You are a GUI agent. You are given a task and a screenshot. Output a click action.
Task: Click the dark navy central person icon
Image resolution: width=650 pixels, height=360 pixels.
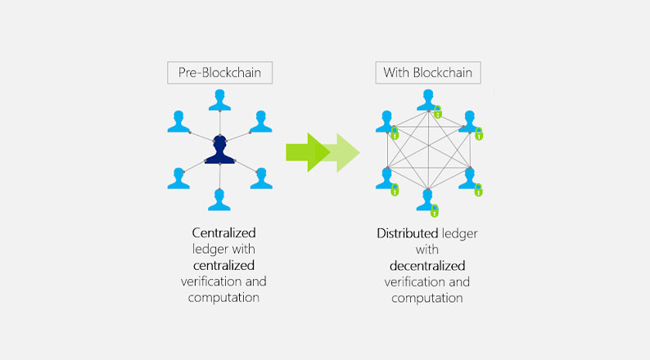219,150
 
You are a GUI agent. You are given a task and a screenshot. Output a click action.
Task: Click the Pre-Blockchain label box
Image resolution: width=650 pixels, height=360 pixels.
219,73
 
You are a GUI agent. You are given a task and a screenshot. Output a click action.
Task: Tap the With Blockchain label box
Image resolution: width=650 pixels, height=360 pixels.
428,73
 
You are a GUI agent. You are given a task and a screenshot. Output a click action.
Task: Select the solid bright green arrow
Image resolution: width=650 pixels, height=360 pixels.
308,152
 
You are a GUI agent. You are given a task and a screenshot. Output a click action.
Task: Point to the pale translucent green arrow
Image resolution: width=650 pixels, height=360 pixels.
343,153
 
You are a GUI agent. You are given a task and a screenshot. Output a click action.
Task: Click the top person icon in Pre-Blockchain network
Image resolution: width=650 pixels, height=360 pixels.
219,100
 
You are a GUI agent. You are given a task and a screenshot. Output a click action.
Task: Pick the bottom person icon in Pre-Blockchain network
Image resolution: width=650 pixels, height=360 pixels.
219,200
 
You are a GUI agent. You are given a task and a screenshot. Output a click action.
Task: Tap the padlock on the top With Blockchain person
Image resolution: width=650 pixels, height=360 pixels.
438,112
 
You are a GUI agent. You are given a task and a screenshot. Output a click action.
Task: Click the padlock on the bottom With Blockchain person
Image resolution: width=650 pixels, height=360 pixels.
435,210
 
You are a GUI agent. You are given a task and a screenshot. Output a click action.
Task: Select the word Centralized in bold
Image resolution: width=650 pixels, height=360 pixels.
223,233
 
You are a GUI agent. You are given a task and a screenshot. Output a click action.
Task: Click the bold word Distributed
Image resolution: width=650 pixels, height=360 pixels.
408,233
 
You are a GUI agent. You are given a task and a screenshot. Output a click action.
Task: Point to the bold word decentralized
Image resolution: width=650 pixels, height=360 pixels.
427,266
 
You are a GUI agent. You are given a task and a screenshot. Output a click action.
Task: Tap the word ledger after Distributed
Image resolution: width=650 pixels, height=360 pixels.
460,234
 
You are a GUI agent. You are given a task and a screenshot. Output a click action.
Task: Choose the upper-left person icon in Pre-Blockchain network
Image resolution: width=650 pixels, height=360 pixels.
178,121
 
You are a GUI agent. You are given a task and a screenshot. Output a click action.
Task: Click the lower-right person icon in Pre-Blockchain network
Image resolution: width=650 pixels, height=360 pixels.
261,178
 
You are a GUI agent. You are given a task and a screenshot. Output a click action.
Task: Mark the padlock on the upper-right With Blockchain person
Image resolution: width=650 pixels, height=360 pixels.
479,134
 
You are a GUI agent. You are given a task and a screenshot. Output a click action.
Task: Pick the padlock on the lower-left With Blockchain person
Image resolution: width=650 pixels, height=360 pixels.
395,189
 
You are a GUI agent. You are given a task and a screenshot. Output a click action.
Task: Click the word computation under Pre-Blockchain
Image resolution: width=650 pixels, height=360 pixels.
223,298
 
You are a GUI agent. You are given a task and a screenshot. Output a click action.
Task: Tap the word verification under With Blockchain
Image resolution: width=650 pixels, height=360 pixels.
413,281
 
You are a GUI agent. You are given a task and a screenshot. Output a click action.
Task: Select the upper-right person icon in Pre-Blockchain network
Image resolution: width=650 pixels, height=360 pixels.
261,121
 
